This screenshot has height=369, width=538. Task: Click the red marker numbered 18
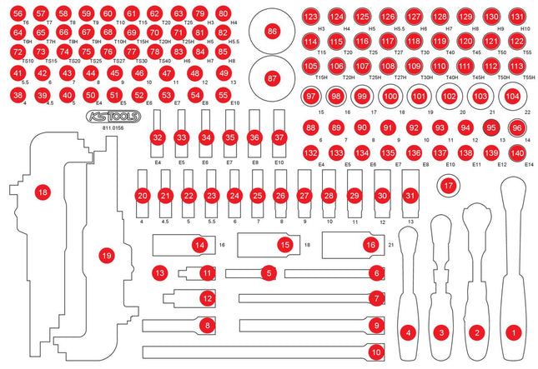43,192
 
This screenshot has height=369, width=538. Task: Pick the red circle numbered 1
514,332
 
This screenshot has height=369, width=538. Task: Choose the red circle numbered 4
408,332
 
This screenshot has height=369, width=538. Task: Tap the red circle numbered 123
311,17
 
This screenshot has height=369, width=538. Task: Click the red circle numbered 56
18,14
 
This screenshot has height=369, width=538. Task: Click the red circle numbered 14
199,245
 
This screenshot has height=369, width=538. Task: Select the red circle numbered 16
370,245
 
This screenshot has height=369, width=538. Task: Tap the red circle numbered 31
409,195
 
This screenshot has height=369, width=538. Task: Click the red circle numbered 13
159,272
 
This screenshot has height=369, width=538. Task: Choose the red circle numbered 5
268,272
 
